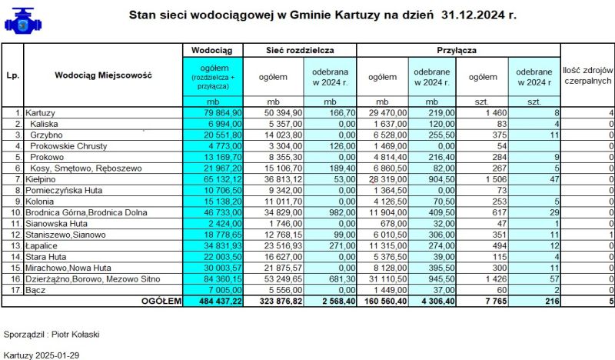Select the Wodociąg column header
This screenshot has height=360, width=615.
pos(211,49)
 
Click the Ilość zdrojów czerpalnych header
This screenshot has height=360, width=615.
pos(587,75)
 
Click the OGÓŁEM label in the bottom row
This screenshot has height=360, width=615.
pos(159,301)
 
